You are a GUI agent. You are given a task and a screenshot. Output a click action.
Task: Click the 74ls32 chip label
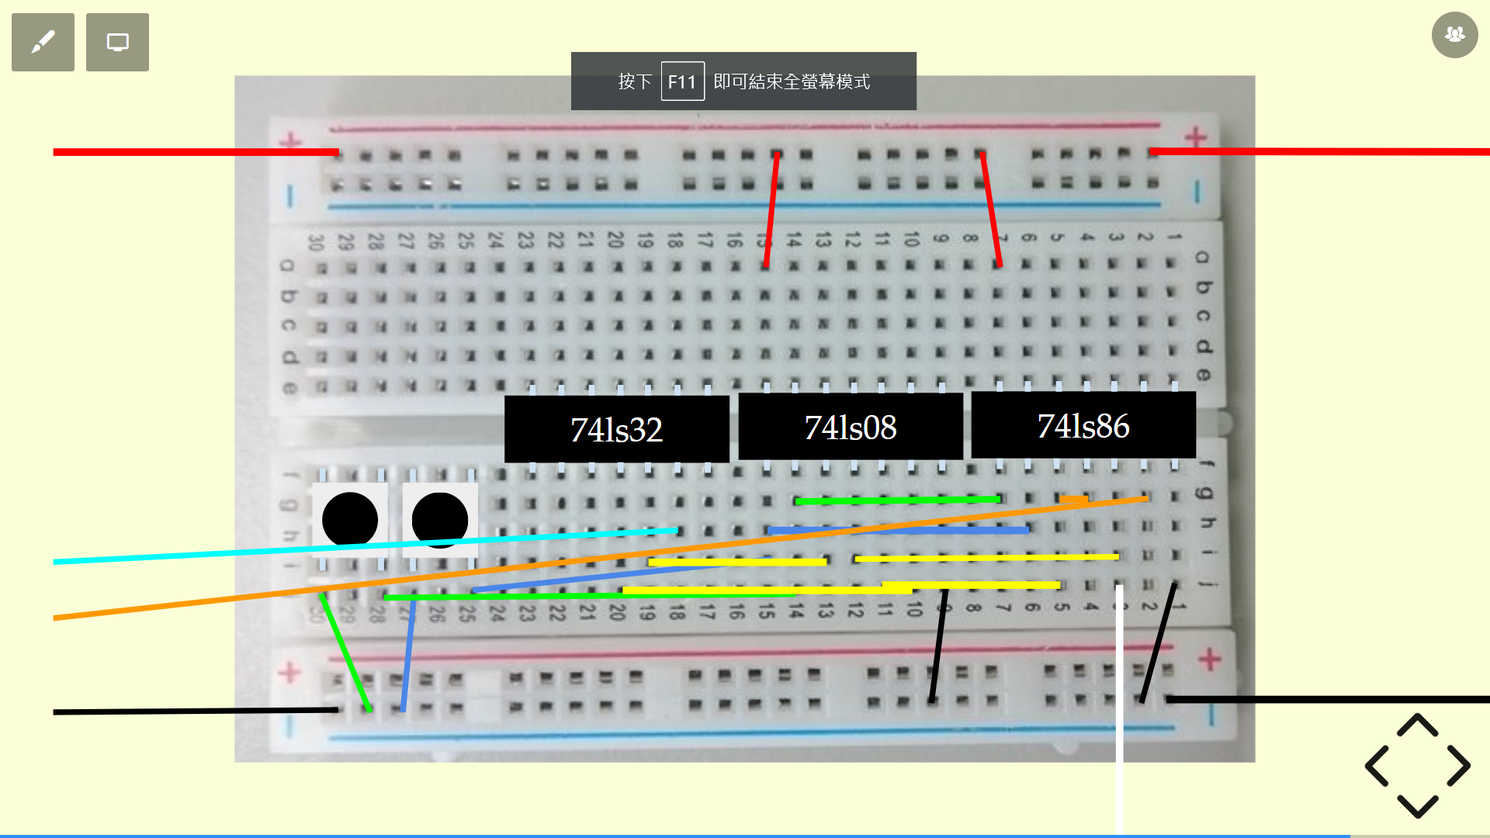(616, 429)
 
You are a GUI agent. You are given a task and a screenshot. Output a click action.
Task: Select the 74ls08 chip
(850, 427)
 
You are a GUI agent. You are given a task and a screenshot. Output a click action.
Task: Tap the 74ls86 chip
(1083, 425)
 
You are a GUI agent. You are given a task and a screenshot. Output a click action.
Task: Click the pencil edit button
(43, 42)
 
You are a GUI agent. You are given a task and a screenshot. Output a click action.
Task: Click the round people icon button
(1454, 35)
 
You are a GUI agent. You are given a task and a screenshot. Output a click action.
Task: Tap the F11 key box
(682, 81)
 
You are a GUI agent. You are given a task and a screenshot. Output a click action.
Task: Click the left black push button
(350, 520)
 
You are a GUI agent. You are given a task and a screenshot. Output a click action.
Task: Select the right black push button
(440, 520)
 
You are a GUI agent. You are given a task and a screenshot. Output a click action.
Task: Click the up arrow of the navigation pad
(1418, 725)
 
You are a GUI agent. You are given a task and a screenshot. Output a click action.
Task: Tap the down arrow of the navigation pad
(1418, 806)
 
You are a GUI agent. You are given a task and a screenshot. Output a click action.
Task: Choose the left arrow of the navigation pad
(1377, 766)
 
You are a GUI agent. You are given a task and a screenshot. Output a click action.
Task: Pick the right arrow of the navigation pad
(1459, 766)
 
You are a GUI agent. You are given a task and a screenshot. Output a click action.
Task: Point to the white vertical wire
(1119, 737)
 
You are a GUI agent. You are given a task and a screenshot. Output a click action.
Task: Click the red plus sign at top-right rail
(1195, 137)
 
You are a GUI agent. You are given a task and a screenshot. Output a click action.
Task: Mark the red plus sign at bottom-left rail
(289, 672)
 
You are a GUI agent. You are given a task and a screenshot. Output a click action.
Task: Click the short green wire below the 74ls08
(898, 500)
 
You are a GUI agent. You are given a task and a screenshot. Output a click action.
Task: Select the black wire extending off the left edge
(194, 711)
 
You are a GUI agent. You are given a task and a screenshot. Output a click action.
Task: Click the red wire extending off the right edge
(1319, 151)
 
